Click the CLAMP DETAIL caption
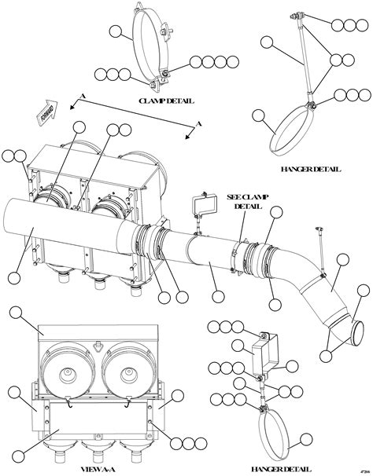pyautogui.click(x=166, y=101)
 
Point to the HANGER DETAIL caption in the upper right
pyautogui.click(x=310, y=169)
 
